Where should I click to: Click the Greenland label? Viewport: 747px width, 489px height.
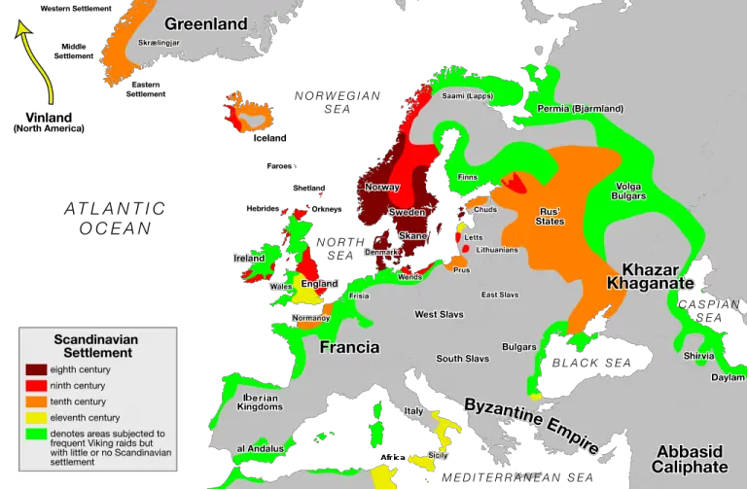(x=206, y=23)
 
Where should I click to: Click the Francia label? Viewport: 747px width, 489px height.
(x=350, y=347)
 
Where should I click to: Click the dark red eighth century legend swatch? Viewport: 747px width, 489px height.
(x=36, y=369)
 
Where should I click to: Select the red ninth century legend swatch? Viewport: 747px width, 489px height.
(x=36, y=386)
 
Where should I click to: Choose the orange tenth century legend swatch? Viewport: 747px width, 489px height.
(x=36, y=402)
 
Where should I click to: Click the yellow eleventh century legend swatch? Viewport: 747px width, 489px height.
(x=36, y=418)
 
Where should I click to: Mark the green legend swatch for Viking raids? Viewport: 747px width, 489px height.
(x=36, y=434)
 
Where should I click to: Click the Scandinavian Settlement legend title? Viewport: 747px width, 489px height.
(x=95, y=346)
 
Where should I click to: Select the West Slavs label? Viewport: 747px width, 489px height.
(x=439, y=314)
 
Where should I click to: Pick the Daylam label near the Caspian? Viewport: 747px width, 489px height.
(x=728, y=377)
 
